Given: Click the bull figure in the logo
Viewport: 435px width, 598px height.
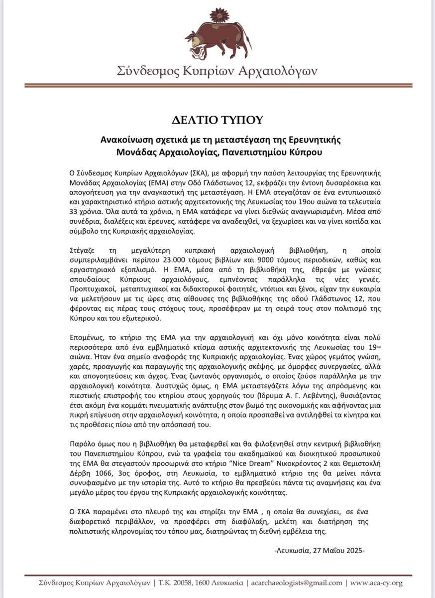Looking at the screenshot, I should coord(217,39).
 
